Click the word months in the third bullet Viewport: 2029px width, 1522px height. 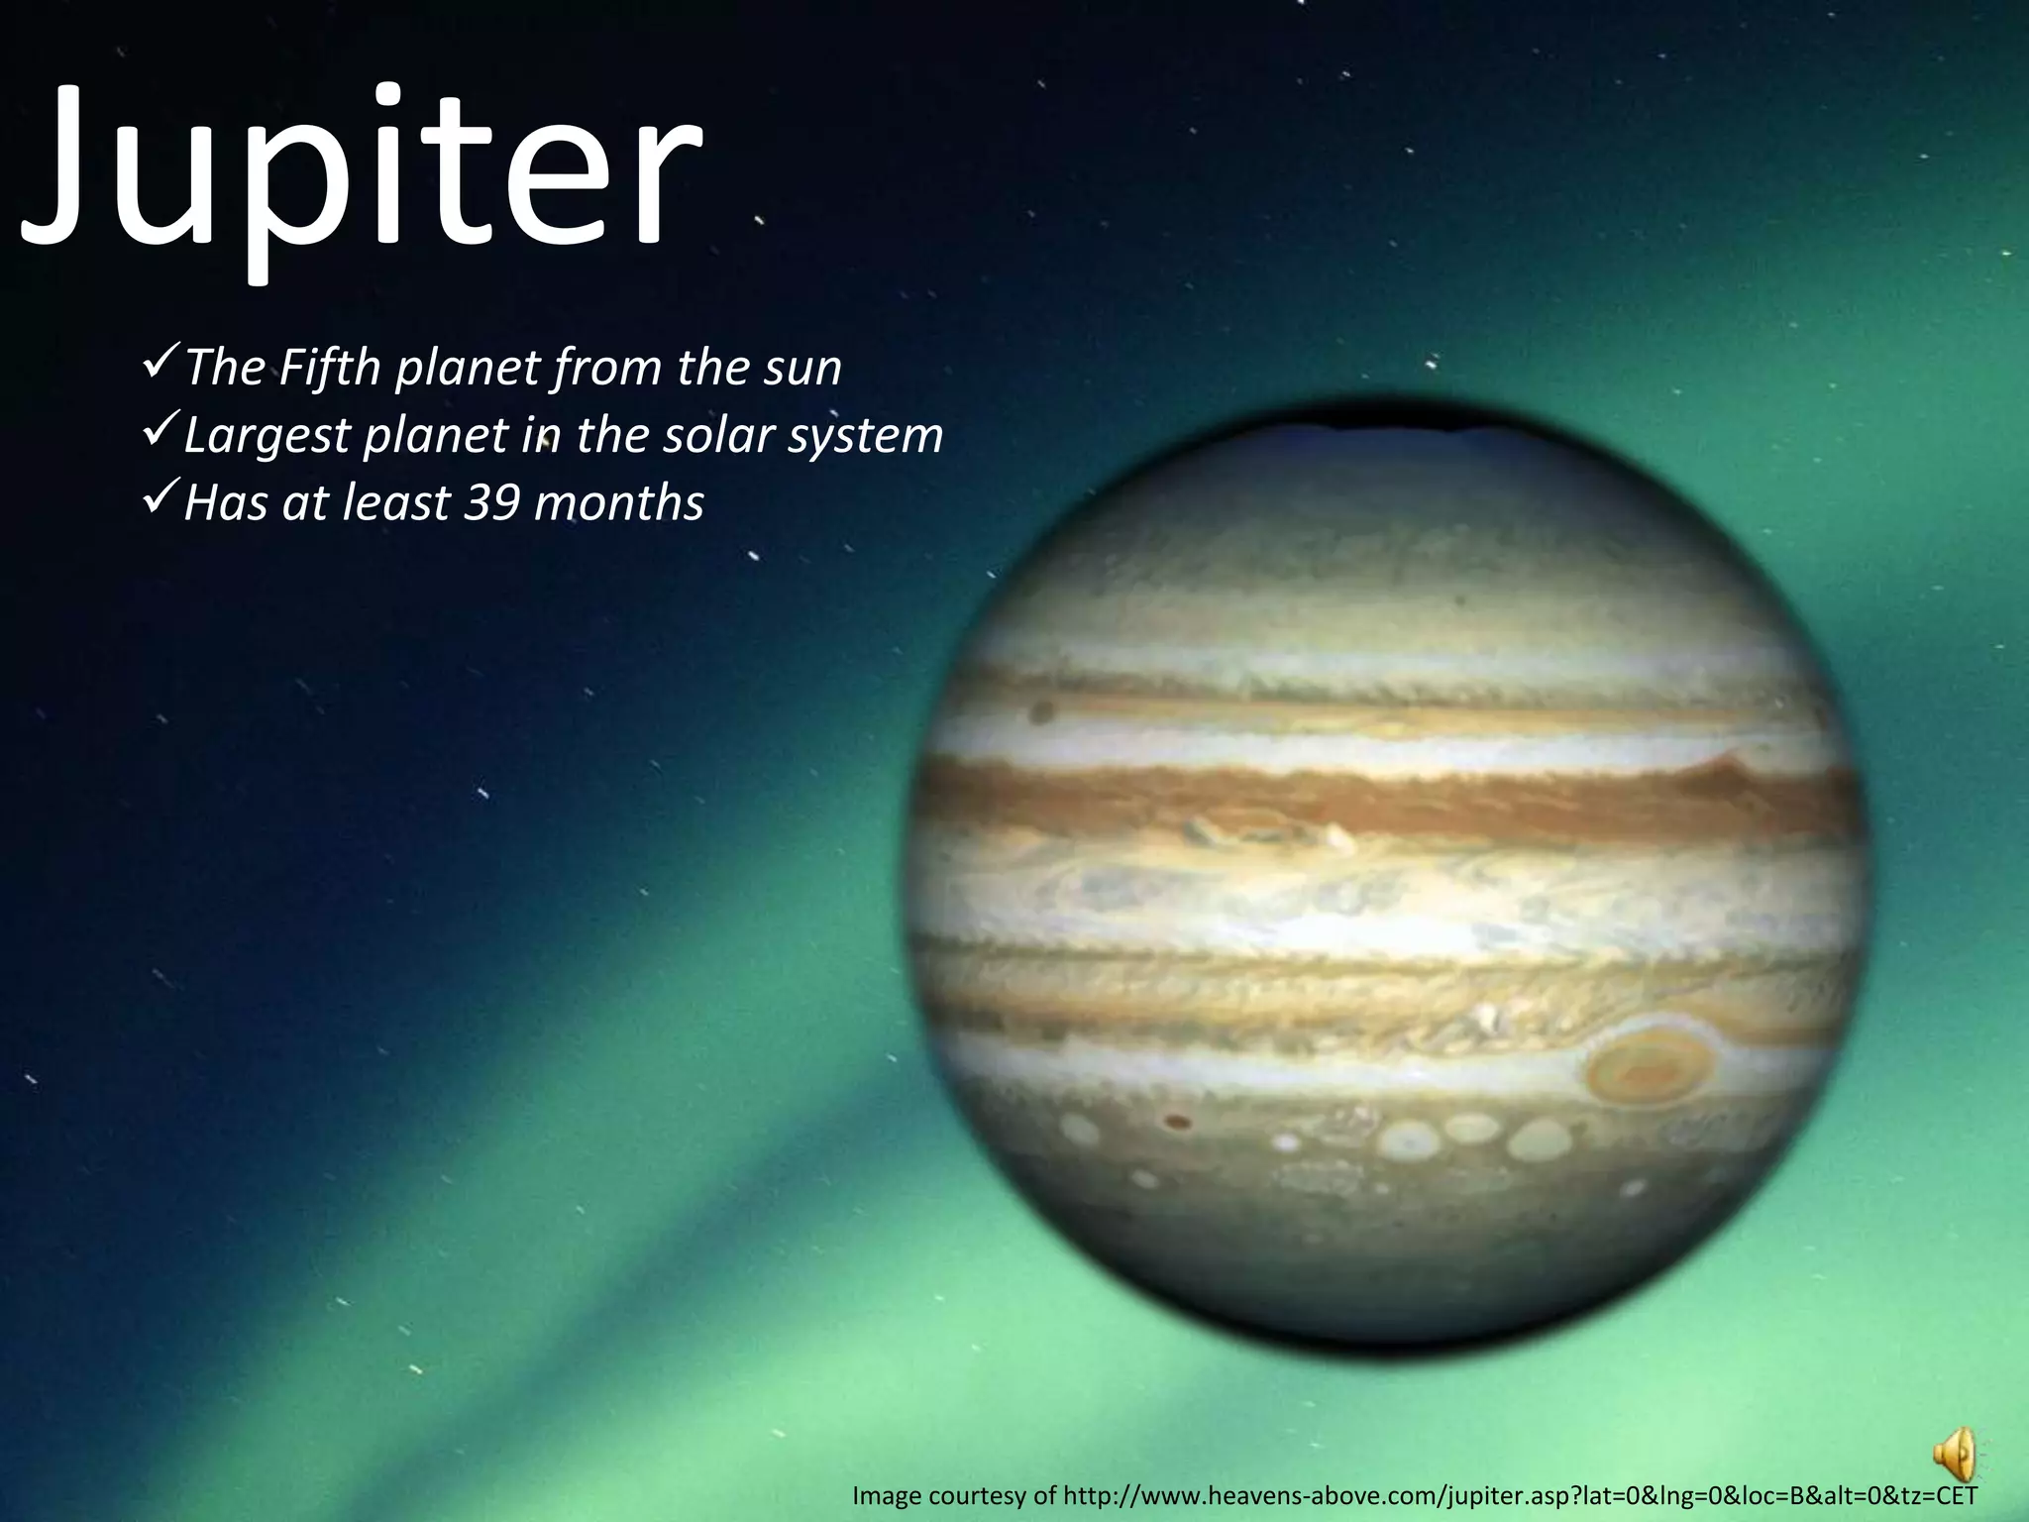(619, 502)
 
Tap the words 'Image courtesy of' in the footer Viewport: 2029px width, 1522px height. (954, 1495)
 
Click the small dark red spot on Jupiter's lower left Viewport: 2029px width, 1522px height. (1177, 1122)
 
